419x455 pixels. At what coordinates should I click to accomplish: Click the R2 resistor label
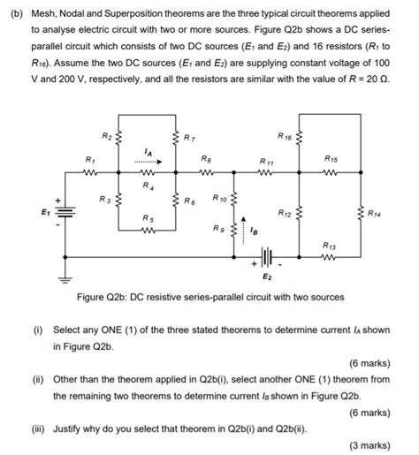[x=105, y=136]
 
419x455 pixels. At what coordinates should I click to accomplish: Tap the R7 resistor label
[x=189, y=138]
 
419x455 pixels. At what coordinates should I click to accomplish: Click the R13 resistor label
[x=329, y=244]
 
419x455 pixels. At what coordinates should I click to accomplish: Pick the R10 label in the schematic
[x=221, y=199]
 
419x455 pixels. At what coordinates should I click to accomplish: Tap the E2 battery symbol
[x=267, y=261]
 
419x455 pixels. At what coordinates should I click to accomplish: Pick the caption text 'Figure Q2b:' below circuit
[x=104, y=297]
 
